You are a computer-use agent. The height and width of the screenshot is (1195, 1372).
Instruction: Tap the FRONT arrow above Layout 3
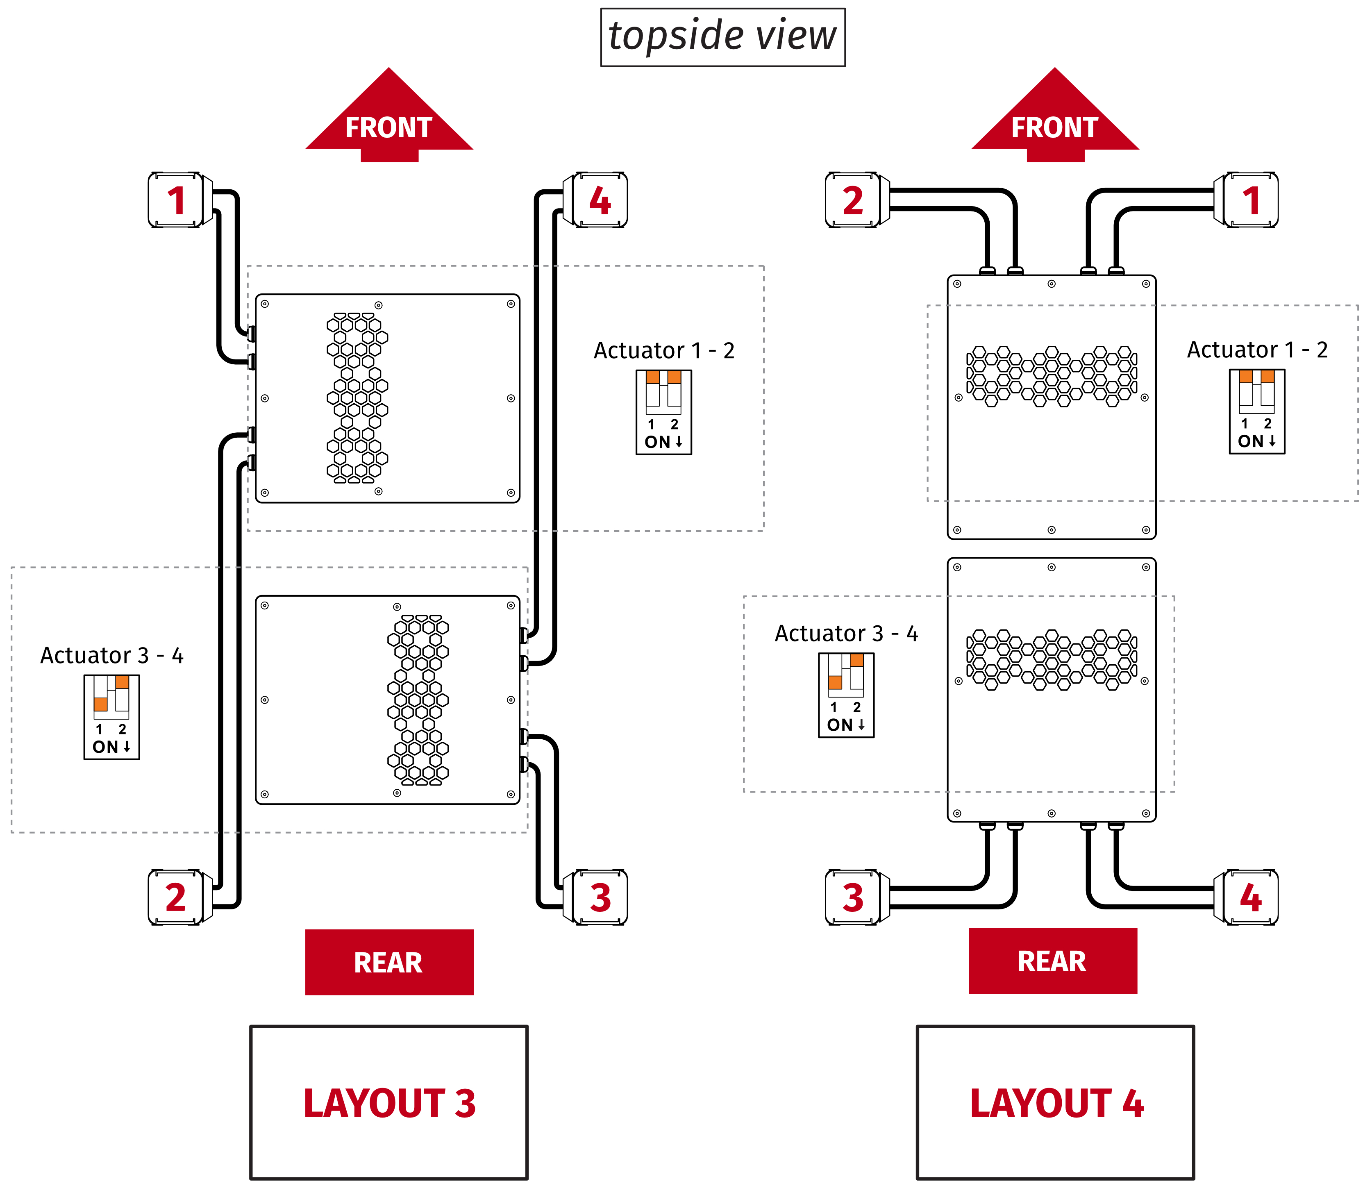coord(389,120)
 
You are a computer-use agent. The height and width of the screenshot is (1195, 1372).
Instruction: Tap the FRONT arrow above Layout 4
coord(1055,120)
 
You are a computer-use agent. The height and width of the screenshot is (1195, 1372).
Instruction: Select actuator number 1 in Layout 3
coord(175,200)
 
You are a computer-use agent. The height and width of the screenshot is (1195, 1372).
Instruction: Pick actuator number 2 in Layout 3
coord(175,897)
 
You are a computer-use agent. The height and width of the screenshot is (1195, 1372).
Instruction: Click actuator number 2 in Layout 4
coord(853,200)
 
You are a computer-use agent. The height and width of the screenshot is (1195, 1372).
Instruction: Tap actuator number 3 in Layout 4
coord(853,897)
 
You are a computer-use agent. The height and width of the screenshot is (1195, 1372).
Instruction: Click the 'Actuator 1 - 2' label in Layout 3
coord(664,351)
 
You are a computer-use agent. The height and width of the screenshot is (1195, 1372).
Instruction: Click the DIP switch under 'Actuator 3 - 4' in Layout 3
coord(111,717)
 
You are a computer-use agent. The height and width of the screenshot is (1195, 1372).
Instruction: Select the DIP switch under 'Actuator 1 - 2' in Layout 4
coord(1257,411)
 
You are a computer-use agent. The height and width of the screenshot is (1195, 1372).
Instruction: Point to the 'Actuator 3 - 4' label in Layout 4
coord(846,634)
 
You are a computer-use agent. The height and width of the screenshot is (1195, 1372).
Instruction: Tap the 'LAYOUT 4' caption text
coord(1057,1104)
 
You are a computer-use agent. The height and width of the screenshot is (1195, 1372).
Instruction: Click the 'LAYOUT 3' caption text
coord(389,1104)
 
